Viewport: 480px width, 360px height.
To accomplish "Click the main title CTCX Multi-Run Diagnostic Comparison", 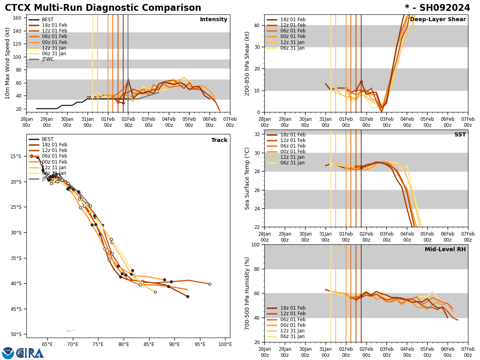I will pyautogui.click(x=103, y=8).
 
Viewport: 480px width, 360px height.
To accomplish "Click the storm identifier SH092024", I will pyautogui.click(x=437, y=8).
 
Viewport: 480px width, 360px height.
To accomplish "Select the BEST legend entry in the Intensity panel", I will pyautogui.click(x=47, y=20).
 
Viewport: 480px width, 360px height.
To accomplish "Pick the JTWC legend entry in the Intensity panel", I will pyautogui.click(x=48, y=59).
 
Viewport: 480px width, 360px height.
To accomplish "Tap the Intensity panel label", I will pyautogui.click(x=213, y=20).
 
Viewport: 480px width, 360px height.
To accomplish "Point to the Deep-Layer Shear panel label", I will pyautogui.click(x=438, y=20).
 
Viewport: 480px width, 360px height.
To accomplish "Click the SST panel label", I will pyautogui.click(x=460, y=135).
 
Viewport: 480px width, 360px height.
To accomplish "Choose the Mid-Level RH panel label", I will pyautogui.click(x=445, y=250).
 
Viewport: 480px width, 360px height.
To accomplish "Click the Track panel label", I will pyautogui.click(x=219, y=140).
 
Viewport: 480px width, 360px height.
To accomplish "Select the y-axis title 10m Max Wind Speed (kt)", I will pyautogui.click(x=8, y=63).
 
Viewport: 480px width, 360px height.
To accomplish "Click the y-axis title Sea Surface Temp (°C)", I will pyautogui.click(x=247, y=178).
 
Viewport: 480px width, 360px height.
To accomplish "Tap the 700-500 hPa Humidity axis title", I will pyautogui.click(x=247, y=293).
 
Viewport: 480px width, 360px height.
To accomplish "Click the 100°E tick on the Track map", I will pyautogui.click(x=225, y=344).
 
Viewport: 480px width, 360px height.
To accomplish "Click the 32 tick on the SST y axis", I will pyautogui.click(x=257, y=134).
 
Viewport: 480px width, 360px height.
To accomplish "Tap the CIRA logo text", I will pyautogui.click(x=30, y=353).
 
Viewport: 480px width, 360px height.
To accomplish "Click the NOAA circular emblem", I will pyautogui.click(x=8, y=353).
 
